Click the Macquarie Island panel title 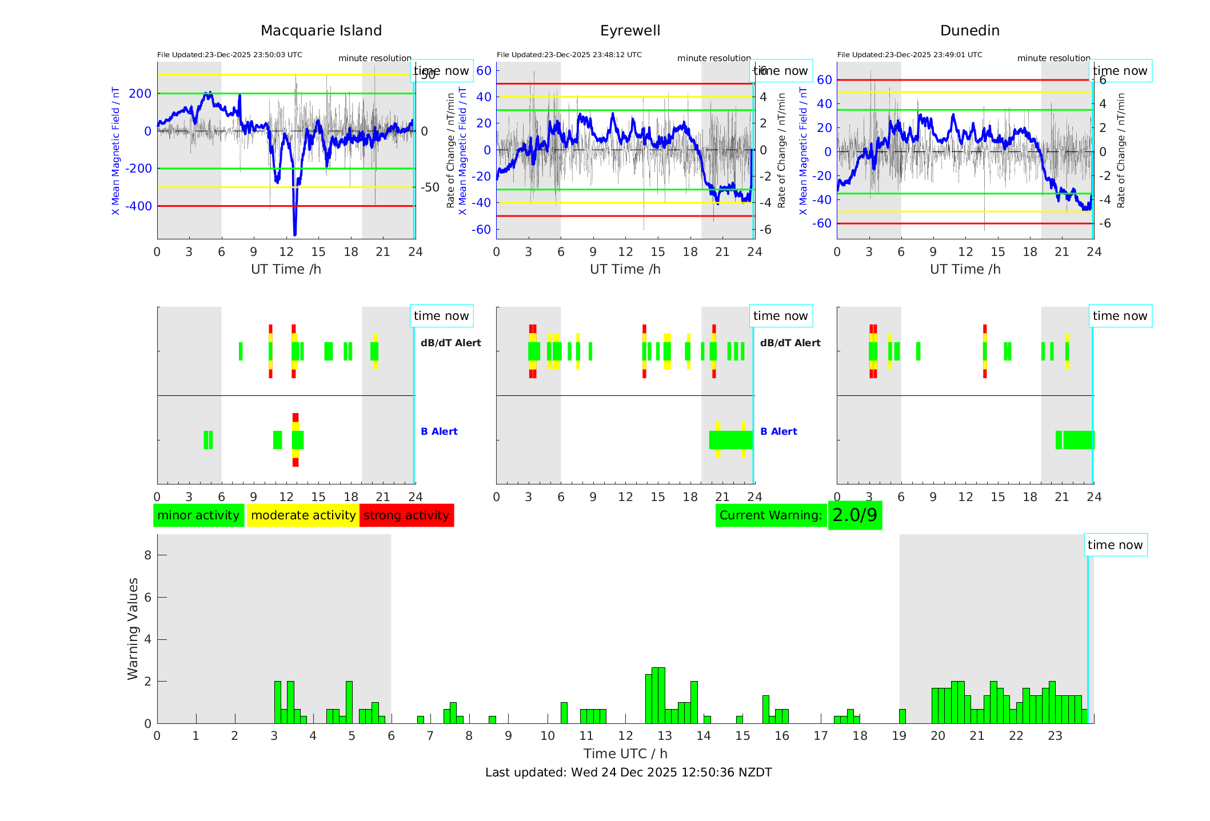click(x=321, y=31)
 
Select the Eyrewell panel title click(x=630, y=31)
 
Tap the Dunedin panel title click(x=969, y=31)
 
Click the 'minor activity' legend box click(x=198, y=515)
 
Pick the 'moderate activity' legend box click(x=303, y=515)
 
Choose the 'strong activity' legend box click(x=406, y=515)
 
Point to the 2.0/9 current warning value click(x=854, y=515)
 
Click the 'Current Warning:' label click(x=770, y=515)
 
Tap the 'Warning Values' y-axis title click(x=133, y=628)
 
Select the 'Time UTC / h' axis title click(x=625, y=754)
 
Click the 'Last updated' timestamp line click(x=628, y=772)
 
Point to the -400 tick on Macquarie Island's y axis click(x=139, y=206)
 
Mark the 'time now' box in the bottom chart click(x=1115, y=545)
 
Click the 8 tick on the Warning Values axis click(x=147, y=555)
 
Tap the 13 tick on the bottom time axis click(x=664, y=736)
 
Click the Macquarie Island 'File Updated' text click(x=229, y=55)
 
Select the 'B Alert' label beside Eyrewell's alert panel click(x=778, y=431)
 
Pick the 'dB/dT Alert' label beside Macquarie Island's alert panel click(x=450, y=343)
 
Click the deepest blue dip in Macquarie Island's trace click(x=295, y=233)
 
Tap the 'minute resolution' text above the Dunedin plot click(x=1053, y=58)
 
